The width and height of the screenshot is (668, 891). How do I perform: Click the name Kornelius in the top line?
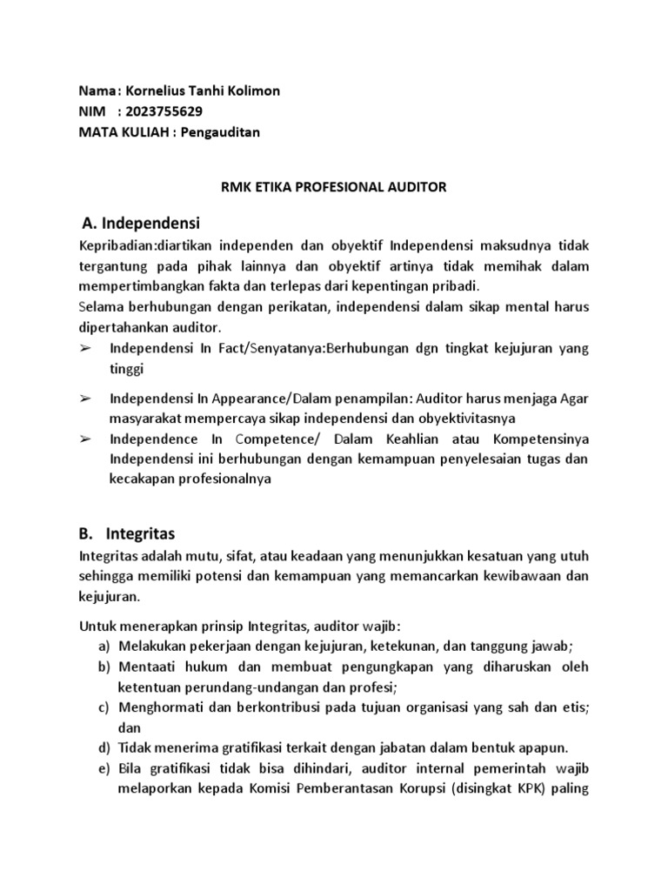(x=157, y=91)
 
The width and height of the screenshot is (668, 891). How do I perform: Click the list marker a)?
(x=104, y=645)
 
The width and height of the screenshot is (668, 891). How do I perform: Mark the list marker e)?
(x=104, y=768)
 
